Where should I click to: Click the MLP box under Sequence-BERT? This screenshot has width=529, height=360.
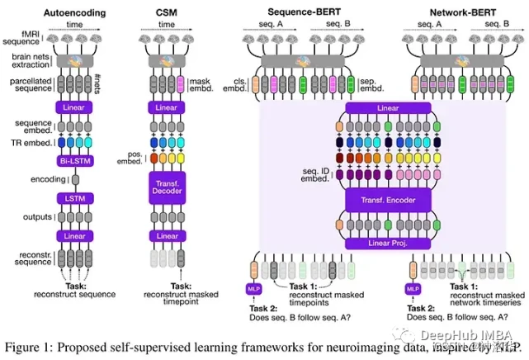click(253, 289)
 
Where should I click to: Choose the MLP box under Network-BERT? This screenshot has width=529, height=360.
click(413, 289)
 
